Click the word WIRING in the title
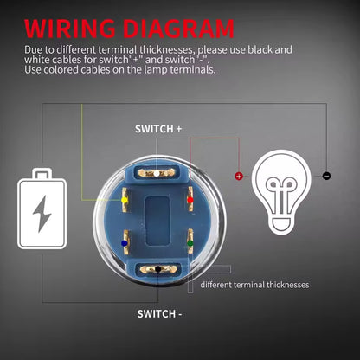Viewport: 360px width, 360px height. pos(70,29)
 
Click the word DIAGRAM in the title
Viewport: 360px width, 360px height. pos(179,29)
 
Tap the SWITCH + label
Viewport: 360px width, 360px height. pos(158,129)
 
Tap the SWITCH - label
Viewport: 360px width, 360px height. pos(159,314)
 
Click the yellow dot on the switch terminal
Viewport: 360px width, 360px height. pos(125,200)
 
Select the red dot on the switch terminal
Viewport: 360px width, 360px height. pos(190,200)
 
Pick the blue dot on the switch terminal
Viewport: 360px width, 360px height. pos(125,243)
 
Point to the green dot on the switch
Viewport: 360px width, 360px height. pos(190,243)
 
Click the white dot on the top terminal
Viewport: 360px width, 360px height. pos(157,173)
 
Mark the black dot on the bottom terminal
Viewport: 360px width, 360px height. pos(158,269)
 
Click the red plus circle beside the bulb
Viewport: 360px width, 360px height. pos(239,176)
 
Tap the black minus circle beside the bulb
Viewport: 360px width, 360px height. pos(326,176)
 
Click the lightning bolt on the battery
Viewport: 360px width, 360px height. pos(42,214)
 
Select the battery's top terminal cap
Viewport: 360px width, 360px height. pos(42,174)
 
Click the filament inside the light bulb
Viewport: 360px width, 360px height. pos(280,194)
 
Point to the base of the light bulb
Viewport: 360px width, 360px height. pos(280,225)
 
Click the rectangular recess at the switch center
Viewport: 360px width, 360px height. pos(157,222)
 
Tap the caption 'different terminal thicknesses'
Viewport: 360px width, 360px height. pos(254,285)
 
